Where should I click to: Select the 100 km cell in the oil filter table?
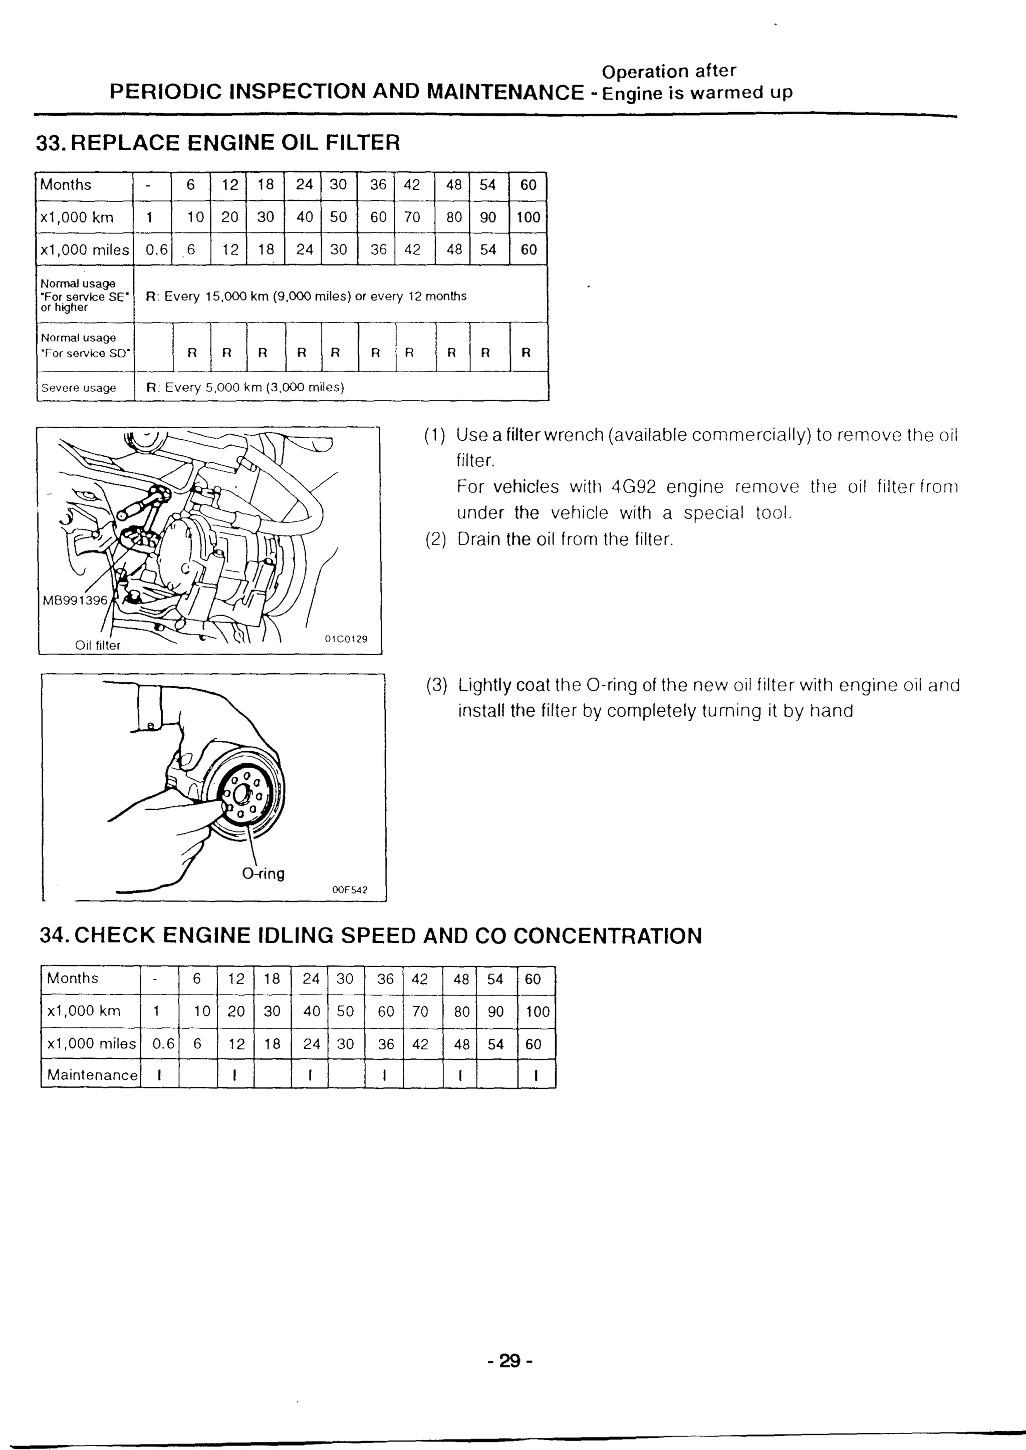click(528, 217)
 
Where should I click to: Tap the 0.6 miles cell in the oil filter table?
click(157, 249)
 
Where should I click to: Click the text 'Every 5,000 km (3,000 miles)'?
click(254, 387)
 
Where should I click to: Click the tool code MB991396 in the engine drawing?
click(75, 600)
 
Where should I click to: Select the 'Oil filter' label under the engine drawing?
click(97, 645)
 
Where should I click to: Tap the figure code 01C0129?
click(346, 639)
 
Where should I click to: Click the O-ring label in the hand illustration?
click(264, 874)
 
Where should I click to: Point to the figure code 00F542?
click(349, 890)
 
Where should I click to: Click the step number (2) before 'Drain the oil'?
click(436, 539)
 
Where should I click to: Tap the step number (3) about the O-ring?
click(436, 685)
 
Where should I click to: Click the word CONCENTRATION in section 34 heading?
click(607, 935)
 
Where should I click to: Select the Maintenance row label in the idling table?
click(92, 1075)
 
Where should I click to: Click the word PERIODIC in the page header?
click(165, 92)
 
